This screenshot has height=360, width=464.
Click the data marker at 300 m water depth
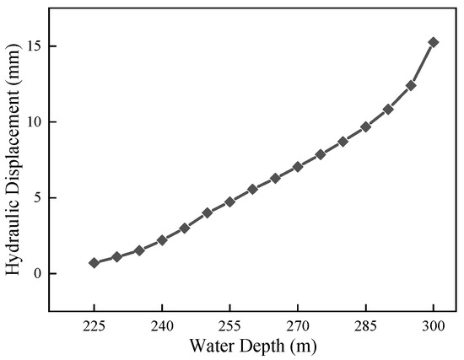pos(434,41)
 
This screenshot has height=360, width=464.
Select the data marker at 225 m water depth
pos(94,263)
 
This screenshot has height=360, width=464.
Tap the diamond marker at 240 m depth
pos(162,240)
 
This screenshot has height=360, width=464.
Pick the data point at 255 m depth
pos(229,202)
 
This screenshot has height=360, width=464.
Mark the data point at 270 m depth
pos(298,167)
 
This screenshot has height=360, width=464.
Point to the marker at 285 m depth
pos(365,127)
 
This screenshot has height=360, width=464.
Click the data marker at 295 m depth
pos(411,85)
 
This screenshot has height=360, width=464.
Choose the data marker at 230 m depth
pos(117,256)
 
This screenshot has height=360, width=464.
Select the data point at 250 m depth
pos(208,212)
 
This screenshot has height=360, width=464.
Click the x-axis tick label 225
pos(94,325)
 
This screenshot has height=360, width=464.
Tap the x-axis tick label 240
pos(162,325)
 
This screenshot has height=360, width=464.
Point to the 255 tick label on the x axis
pos(229,325)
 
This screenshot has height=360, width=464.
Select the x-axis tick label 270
pos(298,325)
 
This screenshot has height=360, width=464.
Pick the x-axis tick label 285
pos(365,325)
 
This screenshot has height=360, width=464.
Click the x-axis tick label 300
pos(434,325)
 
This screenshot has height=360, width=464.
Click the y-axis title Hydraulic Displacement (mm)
pos(13,160)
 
